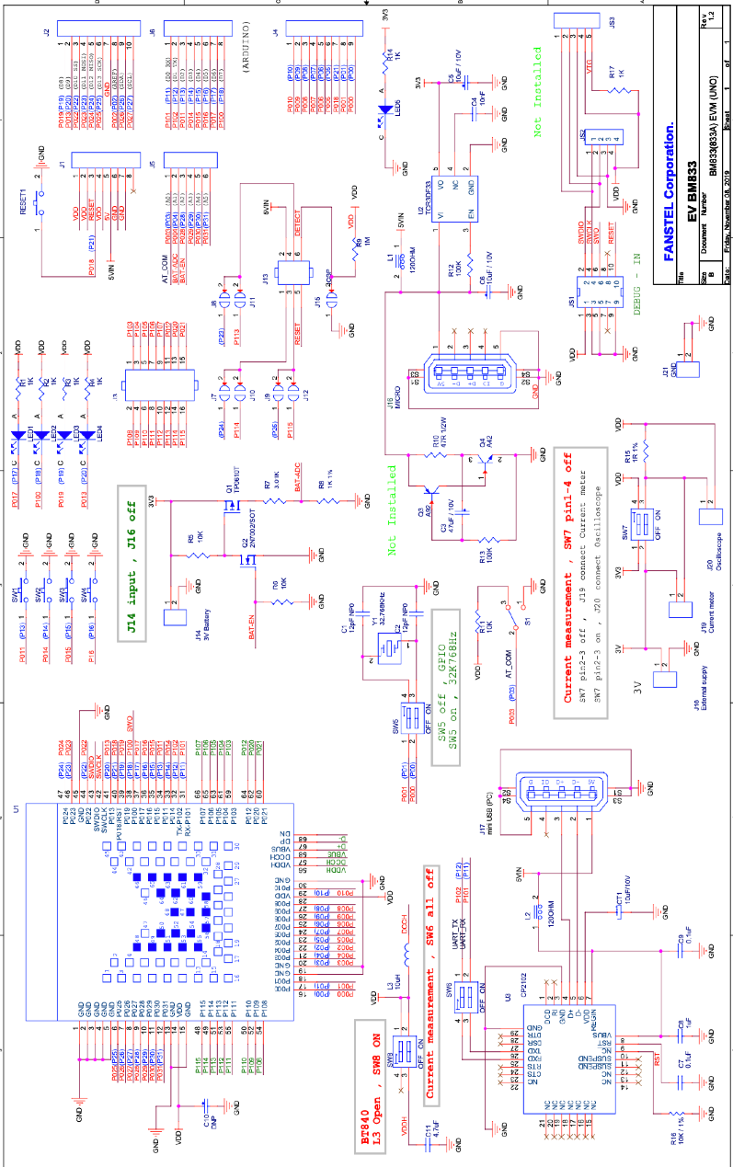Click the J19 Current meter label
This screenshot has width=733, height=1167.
[x=704, y=624]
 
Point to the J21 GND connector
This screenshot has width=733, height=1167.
[x=691, y=369]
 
